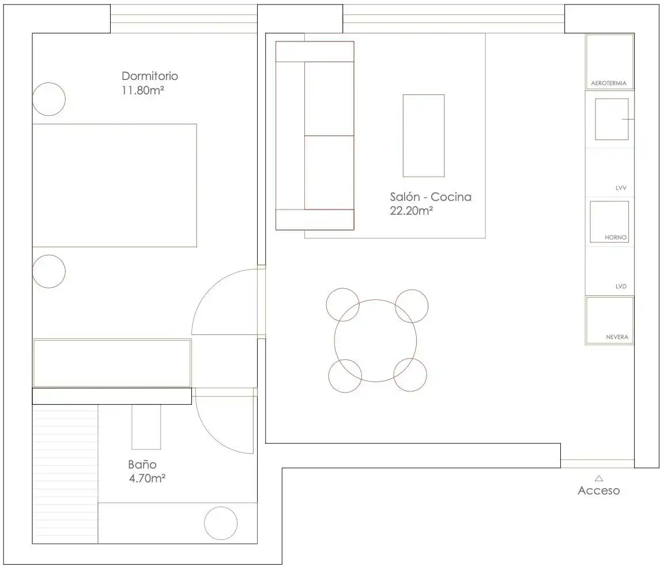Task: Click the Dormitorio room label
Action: point(149,76)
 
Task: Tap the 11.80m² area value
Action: point(143,90)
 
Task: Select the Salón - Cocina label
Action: point(431,197)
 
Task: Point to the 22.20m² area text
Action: point(411,211)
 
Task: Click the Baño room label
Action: point(142,465)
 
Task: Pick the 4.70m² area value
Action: point(147,478)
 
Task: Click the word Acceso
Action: point(599,490)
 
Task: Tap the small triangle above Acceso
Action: point(599,478)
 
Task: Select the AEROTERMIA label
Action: point(609,83)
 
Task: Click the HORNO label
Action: point(616,238)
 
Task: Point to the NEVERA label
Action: point(617,337)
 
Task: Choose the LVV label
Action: point(621,188)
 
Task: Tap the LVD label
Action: point(621,286)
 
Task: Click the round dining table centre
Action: point(375,341)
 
